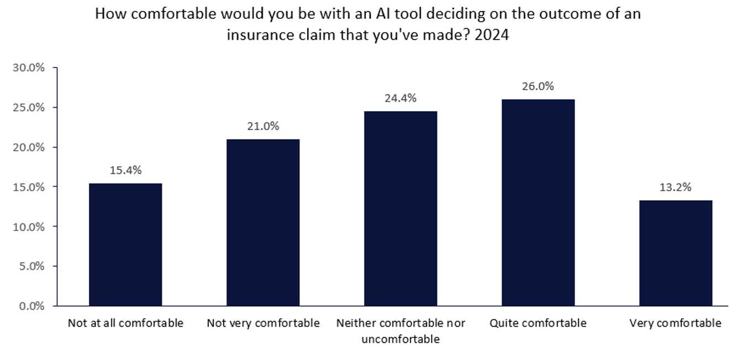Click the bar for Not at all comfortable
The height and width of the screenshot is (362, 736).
pos(125,244)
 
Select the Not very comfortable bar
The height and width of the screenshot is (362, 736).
pos(263,222)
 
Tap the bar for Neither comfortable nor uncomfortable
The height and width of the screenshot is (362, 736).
pos(401,208)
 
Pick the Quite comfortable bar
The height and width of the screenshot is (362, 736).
pos(538,202)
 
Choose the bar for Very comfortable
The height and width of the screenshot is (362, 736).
pos(675,253)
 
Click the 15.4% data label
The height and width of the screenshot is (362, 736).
pos(125,170)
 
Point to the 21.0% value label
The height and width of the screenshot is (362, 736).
pos(263,126)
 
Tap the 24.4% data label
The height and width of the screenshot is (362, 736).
pos(401,98)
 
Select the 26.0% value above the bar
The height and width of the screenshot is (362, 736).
pos(538,86)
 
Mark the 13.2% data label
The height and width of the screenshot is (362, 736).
pos(675,187)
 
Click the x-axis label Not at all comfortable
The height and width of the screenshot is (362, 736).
pos(125,323)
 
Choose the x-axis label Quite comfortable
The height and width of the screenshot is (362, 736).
pos(538,323)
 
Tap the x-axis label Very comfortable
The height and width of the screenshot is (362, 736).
pos(675,323)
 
